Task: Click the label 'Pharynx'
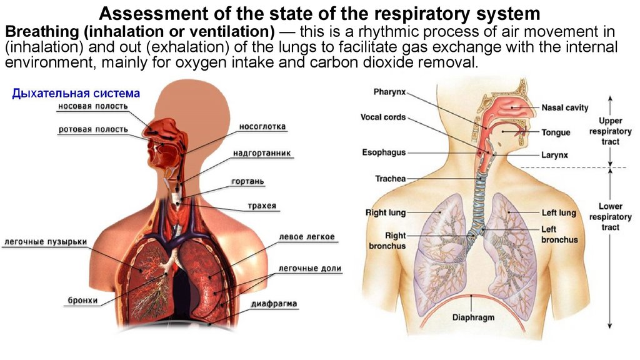389,92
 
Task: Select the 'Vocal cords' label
382,117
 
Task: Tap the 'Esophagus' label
384,152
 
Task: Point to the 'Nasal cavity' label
564,107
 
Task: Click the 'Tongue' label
556,132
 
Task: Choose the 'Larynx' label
554,156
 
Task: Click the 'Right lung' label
385,212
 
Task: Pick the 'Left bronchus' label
559,234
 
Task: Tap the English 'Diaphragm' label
473,317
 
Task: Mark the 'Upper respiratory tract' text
610,131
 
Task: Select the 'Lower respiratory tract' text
610,217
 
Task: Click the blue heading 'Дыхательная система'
76,94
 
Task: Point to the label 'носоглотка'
262,127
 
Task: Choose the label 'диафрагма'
274,304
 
